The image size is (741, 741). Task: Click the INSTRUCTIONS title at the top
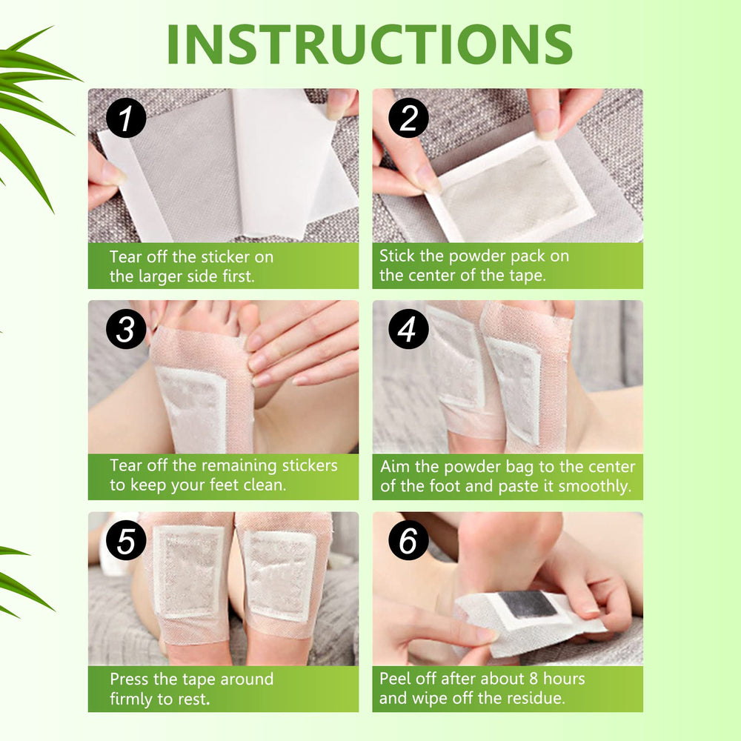[370, 44]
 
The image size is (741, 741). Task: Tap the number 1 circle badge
[126, 119]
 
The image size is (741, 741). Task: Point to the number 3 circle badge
[126, 330]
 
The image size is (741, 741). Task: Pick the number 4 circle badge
[408, 330]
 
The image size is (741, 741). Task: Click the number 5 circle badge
[126, 542]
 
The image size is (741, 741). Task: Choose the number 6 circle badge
[408, 542]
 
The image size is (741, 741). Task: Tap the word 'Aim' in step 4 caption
[393, 468]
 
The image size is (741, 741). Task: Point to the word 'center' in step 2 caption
[425, 276]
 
